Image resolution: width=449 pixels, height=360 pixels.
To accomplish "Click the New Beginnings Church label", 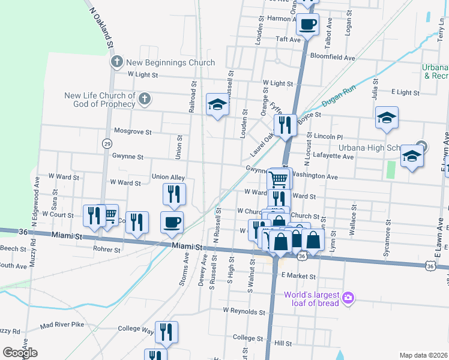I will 170,62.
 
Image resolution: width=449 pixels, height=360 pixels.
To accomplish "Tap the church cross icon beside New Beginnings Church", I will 117,62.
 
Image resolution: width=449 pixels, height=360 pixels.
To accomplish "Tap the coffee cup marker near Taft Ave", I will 307,25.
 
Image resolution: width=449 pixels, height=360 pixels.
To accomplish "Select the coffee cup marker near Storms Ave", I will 172,222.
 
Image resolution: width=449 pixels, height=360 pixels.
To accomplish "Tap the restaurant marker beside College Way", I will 166,332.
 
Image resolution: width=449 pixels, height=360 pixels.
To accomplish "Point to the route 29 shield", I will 107,143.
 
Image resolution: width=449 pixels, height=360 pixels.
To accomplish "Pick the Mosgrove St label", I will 133,131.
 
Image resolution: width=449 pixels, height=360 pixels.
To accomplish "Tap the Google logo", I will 20,353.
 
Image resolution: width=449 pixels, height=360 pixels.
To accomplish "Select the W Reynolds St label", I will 244,311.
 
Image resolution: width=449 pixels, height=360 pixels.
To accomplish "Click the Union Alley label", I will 168,177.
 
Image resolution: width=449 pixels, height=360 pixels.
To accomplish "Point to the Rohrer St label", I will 107,249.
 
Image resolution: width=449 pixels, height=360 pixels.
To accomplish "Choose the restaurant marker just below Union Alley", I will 174,194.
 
